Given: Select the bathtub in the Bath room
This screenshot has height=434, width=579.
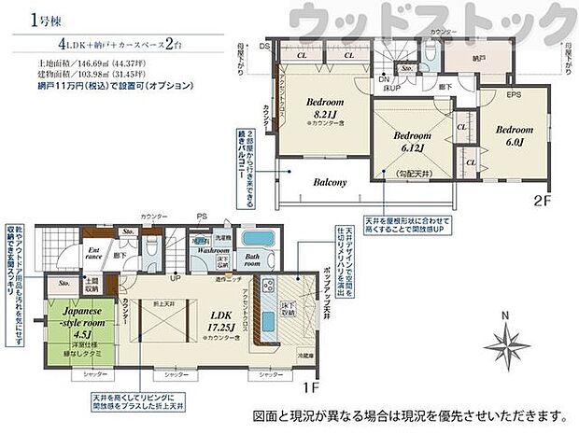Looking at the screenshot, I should point(253,241).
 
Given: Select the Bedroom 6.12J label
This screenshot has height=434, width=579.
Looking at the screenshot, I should point(399,142).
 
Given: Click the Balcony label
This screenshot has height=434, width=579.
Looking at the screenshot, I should point(331,183).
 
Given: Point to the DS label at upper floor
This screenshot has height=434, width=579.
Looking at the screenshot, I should point(265,45).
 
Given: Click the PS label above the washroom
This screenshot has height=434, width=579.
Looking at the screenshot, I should point(201,221).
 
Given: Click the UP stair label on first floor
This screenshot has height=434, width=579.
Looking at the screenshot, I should point(174,277).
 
